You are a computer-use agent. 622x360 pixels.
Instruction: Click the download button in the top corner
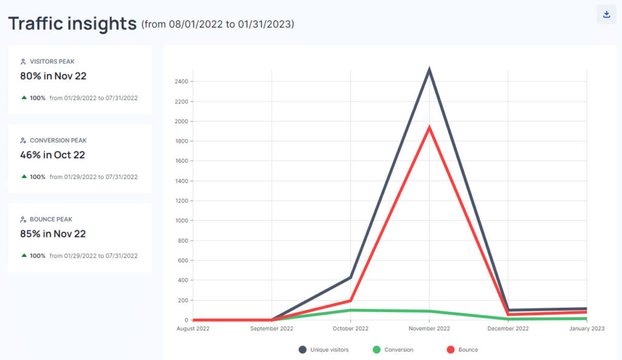[x=606, y=15]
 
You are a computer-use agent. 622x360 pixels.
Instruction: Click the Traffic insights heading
[x=72, y=24]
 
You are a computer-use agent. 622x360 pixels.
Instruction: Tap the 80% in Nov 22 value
[x=53, y=76]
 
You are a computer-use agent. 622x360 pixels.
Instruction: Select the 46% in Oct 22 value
[x=52, y=155]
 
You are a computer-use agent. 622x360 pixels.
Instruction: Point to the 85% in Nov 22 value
[x=53, y=234]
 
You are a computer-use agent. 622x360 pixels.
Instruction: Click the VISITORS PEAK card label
[x=52, y=61]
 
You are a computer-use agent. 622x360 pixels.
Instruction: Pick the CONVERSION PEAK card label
[x=58, y=140]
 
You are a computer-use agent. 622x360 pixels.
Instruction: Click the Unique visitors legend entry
[x=327, y=350]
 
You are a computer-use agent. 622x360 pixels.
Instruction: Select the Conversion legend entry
[x=398, y=350]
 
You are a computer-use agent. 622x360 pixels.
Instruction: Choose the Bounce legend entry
[x=468, y=350]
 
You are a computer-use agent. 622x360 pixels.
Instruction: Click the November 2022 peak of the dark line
[x=429, y=70]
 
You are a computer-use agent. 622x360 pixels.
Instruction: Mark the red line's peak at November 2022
[x=429, y=127]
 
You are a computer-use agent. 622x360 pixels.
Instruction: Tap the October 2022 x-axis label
[x=350, y=328]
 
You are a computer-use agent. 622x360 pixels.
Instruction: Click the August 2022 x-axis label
[x=193, y=328]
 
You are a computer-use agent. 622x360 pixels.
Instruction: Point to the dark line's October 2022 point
[x=350, y=277]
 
